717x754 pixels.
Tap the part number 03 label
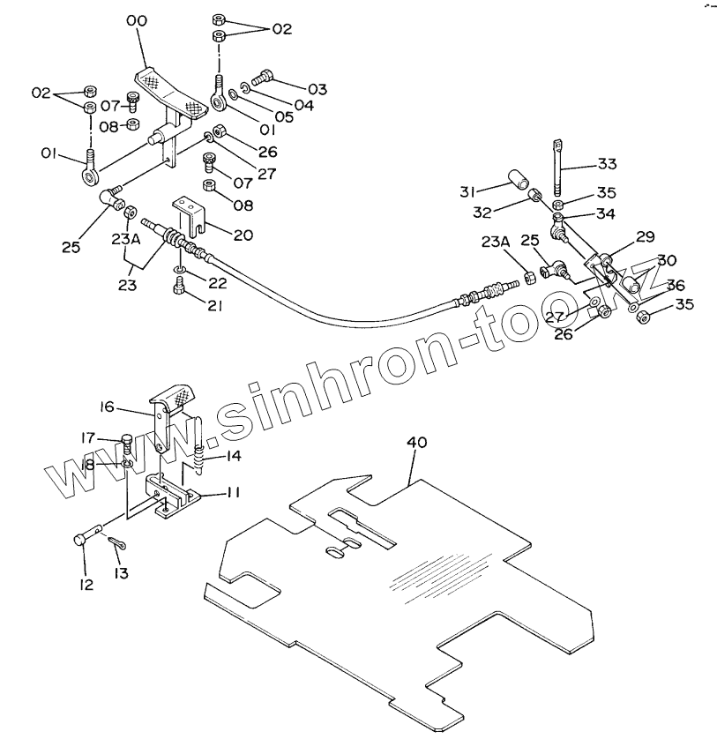point(317,89)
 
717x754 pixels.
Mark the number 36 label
point(676,285)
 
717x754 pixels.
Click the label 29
point(646,236)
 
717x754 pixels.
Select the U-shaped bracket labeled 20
point(192,212)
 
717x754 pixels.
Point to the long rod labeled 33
point(558,168)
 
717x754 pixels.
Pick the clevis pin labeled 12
point(89,537)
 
